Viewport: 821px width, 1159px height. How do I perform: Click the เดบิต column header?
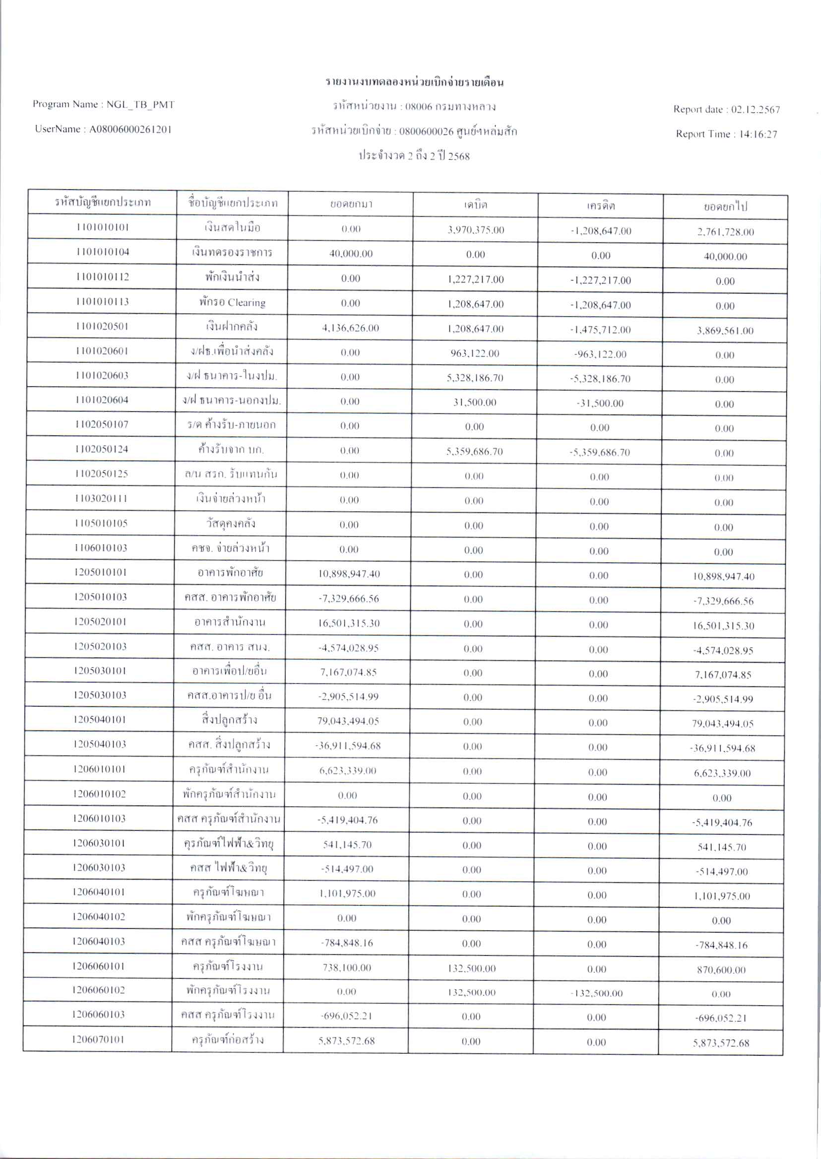tap(475, 205)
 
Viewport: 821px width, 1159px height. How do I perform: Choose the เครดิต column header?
tap(601, 206)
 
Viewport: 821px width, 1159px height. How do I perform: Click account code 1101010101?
tap(103, 227)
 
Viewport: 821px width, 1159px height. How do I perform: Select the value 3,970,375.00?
tap(476, 230)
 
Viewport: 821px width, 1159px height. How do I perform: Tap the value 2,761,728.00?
tap(725, 232)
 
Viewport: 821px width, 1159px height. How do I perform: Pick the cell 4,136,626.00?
tap(350, 328)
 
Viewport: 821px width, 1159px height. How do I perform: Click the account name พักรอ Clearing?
tap(232, 302)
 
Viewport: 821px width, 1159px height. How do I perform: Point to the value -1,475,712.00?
tap(601, 330)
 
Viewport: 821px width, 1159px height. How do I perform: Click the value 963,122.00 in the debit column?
tap(475, 353)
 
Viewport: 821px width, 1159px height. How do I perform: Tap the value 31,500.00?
tap(475, 402)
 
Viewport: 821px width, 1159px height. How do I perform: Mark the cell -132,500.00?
tap(597, 993)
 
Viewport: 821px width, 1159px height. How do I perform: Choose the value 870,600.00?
tap(721, 970)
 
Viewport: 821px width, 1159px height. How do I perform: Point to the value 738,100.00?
tap(347, 968)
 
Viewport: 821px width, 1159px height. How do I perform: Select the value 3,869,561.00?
tap(725, 331)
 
